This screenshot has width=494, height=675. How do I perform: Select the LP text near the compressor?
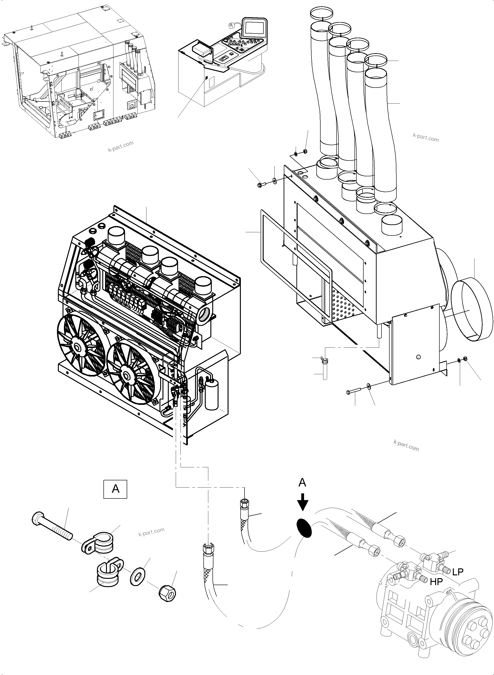click(458, 572)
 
